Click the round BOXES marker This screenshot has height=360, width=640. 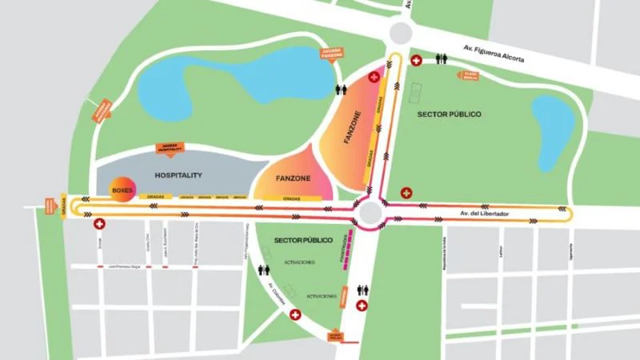coord(122,190)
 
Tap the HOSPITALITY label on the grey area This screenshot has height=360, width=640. coord(178,174)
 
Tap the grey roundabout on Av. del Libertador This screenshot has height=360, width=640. coord(370,213)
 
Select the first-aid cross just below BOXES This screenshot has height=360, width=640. coord(99,226)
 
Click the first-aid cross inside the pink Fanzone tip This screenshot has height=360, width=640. coord(374,77)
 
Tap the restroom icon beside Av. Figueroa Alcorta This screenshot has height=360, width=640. coord(441,58)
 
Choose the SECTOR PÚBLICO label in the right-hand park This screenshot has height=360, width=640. coord(450,114)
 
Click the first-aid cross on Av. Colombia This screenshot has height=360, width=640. coord(294,315)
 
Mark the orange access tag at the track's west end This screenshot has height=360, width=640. coord(62,206)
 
